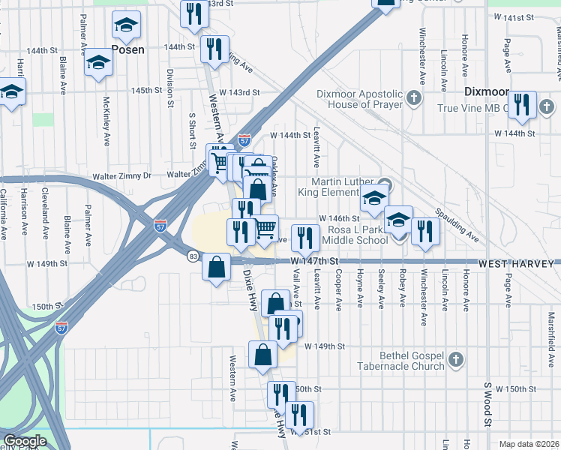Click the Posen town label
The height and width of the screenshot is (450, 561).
(x=127, y=49)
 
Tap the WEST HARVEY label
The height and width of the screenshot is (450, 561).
(x=518, y=263)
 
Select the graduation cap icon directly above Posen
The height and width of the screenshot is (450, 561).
(x=127, y=26)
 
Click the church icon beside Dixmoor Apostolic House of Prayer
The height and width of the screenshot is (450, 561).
(x=412, y=98)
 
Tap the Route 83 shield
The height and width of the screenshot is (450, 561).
(x=193, y=256)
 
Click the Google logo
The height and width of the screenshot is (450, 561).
(x=24, y=441)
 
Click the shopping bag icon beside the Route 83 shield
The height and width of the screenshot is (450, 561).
(x=216, y=268)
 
